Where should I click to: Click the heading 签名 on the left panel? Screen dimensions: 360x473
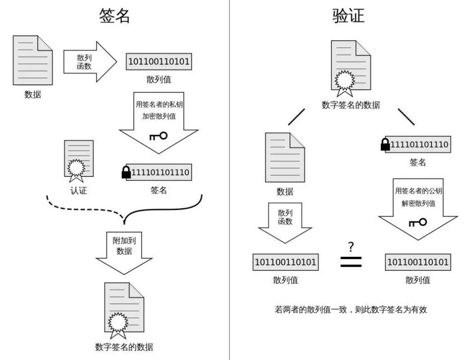point(115,16)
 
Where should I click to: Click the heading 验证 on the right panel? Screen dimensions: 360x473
point(348,16)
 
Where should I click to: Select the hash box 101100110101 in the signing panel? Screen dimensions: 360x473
point(159,61)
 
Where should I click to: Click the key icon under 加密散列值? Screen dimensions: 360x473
point(158,136)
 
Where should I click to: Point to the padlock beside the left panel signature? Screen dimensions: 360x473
point(126,172)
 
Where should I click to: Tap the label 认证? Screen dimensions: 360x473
point(78,190)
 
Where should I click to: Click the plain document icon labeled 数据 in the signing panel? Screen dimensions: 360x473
point(32,61)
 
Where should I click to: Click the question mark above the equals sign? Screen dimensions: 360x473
point(351,247)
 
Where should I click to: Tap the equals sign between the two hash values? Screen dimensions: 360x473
point(351,262)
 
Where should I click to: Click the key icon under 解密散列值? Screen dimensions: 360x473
point(417,222)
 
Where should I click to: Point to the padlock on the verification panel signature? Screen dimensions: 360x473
point(385,144)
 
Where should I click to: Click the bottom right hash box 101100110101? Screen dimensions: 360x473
point(418,262)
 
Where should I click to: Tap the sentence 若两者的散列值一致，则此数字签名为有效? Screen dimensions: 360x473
point(350,310)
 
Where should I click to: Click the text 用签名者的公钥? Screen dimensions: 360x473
point(418,190)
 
